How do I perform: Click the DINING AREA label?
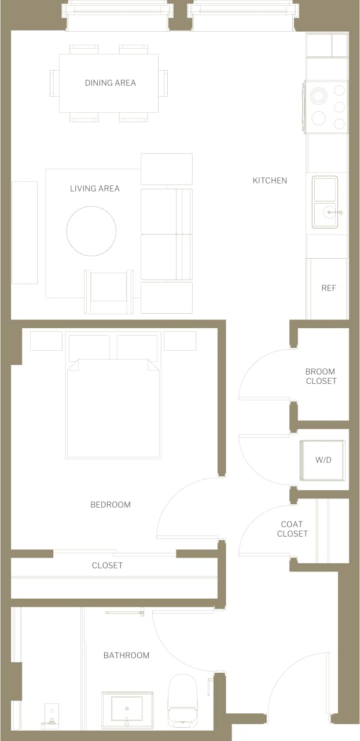tap(110, 83)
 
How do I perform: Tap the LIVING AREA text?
tap(94, 188)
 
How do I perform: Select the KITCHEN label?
tap(270, 181)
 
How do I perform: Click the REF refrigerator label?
tap(328, 288)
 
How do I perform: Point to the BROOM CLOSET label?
tap(321, 376)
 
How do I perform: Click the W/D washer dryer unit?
tap(322, 460)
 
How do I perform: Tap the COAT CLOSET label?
tap(292, 529)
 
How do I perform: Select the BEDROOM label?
tap(110, 505)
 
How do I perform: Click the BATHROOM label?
tap(126, 655)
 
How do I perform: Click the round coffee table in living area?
tap(91, 231)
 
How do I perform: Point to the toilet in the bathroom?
tap(182, 700)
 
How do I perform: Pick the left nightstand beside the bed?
tap(46, 341)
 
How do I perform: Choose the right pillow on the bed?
tap(137, 347)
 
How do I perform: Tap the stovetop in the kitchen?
tap(326, 107)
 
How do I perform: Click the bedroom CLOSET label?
tap(107, 565)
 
